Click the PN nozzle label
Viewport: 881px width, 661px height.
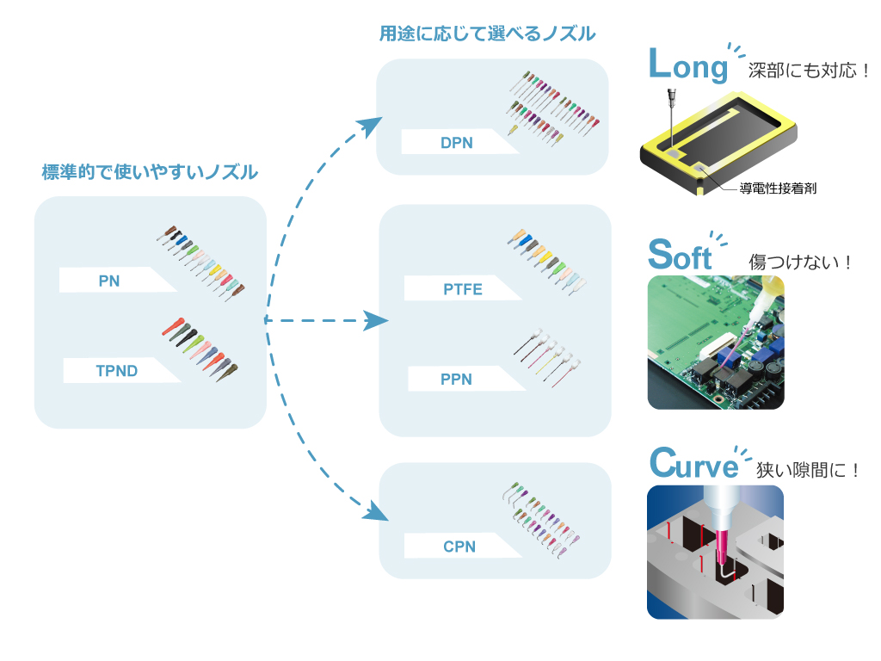pos(109,281)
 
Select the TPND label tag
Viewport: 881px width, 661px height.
pos(117,371)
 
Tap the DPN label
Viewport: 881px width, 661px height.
pos(456,142)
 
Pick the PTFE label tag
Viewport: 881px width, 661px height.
pos(462,289)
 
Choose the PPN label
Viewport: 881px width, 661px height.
pos(456,379)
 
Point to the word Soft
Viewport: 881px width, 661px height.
pos(680,255)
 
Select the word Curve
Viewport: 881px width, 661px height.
pos(694,464)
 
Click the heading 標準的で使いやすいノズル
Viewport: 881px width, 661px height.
pos(150,172)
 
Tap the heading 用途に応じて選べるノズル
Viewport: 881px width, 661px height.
pos(487,34)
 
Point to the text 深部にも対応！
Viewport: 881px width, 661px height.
pos(809,71)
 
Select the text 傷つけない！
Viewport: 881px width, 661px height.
pos(800,262)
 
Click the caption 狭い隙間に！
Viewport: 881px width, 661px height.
pos(808,471)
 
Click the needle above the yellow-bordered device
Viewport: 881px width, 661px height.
pos(670,112)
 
